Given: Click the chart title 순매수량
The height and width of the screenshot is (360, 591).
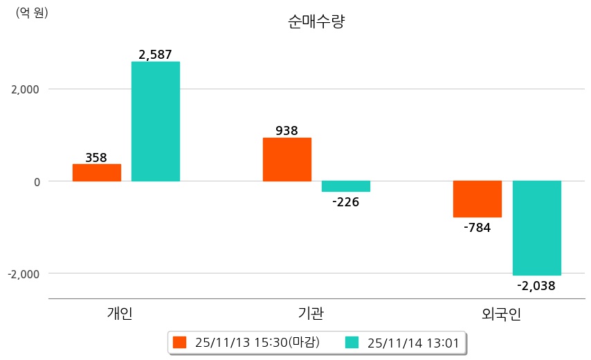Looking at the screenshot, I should (316, 21).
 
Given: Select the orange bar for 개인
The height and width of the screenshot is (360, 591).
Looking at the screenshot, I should (97, 172).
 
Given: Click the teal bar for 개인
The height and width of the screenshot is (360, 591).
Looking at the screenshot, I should (156, 121).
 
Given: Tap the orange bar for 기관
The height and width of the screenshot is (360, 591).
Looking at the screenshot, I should (287, 159).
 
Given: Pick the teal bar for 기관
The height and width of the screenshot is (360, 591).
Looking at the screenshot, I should (346, 186).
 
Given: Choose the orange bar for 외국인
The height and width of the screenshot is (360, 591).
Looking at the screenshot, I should (478, 199).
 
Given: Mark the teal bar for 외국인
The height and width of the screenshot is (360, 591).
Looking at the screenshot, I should (537, 228).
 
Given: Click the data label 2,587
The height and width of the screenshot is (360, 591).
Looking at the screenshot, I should (155, 54).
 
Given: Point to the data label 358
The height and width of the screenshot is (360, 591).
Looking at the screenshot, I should (96, 157).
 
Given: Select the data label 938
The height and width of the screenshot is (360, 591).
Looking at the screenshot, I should (287, 130).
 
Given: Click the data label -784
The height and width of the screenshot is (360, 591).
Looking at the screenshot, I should (477, 227).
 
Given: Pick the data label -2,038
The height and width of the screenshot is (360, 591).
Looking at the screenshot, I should (536, 285).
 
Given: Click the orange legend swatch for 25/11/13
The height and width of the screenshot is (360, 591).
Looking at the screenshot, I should (181, 342).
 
